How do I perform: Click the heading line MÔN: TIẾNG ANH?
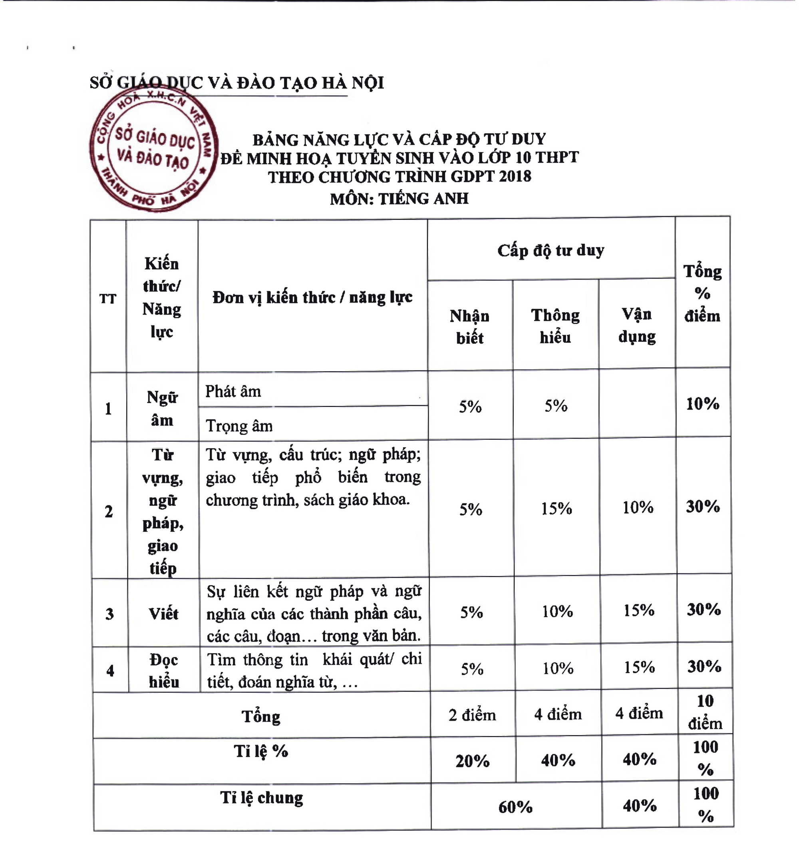(399, 199)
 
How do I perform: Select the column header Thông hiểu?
(555, 326)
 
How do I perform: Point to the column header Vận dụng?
(637, 325)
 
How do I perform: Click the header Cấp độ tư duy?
(551, 251)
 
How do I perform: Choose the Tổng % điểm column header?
(702, 293)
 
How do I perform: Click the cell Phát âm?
(233, 391)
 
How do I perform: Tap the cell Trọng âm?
(239, 426)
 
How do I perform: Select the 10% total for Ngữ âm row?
(702, 403)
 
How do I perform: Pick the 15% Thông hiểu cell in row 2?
(556, 508)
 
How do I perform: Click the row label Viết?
(163, 614)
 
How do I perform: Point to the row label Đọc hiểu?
(164, 671)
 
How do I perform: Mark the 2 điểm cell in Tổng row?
(472, 715)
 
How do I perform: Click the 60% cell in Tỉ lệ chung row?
(515, 807)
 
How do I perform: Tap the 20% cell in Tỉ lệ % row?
(472, 761)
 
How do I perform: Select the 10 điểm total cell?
(705, 712)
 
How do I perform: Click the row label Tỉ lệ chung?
(262, 797)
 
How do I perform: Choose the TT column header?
(108, 299)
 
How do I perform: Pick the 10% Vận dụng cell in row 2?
(638, 507)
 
